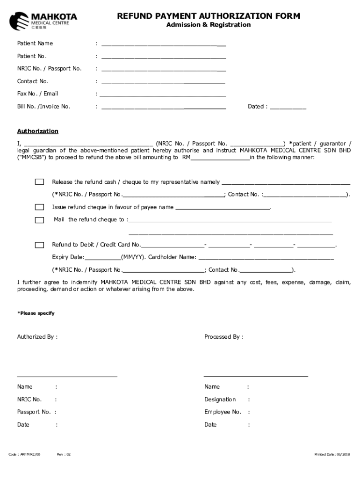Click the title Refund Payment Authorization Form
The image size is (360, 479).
click(x=209, y=16)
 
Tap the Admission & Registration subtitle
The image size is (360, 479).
click(x=209, y=25)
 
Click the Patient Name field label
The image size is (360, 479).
click(x=35, y=44)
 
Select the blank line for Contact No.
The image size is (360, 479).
click(x=163, y=82)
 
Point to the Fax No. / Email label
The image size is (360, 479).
click(x=37, y=94)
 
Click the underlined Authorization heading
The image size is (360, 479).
click(x=38, y=131)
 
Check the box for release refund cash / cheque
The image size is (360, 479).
click(x=40, y=182)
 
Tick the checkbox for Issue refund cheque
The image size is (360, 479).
click(x=40, y=207)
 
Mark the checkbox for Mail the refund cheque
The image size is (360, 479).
click(x=40, y=220)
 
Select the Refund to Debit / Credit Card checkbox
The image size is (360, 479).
click(x=40, y=245)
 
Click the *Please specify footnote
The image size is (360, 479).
click(x=36, y=313)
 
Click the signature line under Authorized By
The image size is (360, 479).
click(x=67, y=376)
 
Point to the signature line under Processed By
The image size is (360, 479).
click(x=256, y=375)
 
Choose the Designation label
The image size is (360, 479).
click(x=220, y=399)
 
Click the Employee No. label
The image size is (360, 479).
click(x=223, y=412)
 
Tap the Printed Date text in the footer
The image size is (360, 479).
click(x=332, y=454)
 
